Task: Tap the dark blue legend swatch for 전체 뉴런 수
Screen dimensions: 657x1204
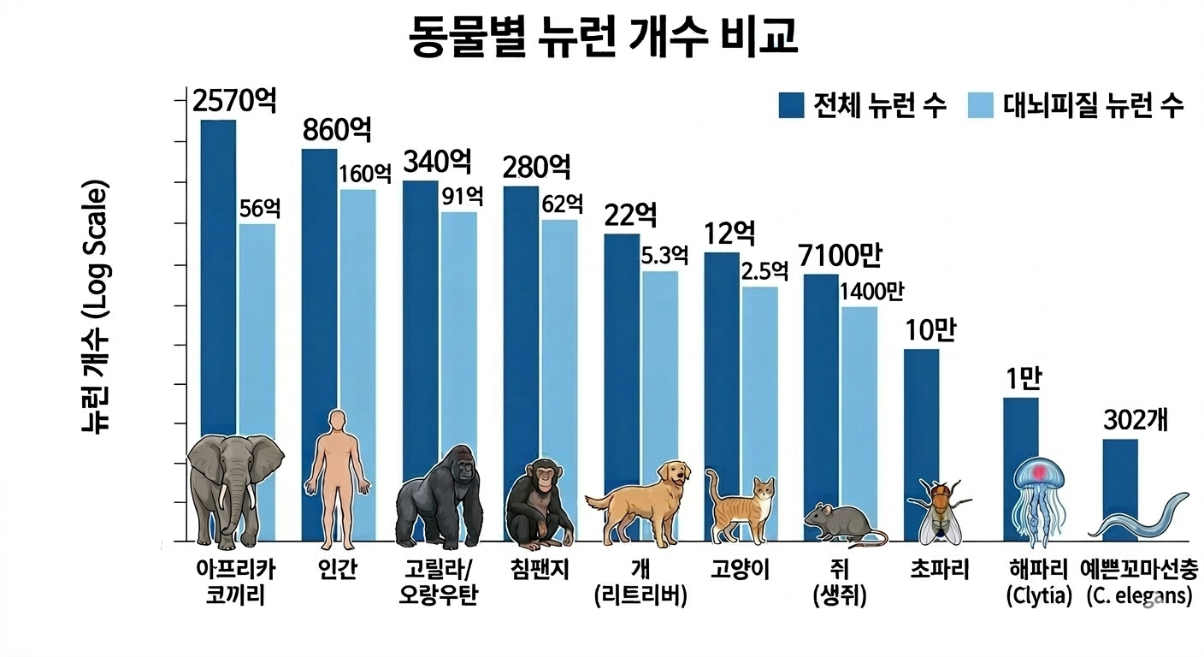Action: click(x=792, y=105)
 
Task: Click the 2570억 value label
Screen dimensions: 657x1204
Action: click(x=233, y=101)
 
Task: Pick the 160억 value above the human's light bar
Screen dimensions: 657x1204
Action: click(x=364, y=174)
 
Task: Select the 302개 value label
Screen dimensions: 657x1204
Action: click(x=1136, y=421)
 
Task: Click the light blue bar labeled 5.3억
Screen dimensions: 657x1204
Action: click(x=660, y=359)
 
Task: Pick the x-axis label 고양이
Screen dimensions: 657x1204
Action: click(x=740, y=570)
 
